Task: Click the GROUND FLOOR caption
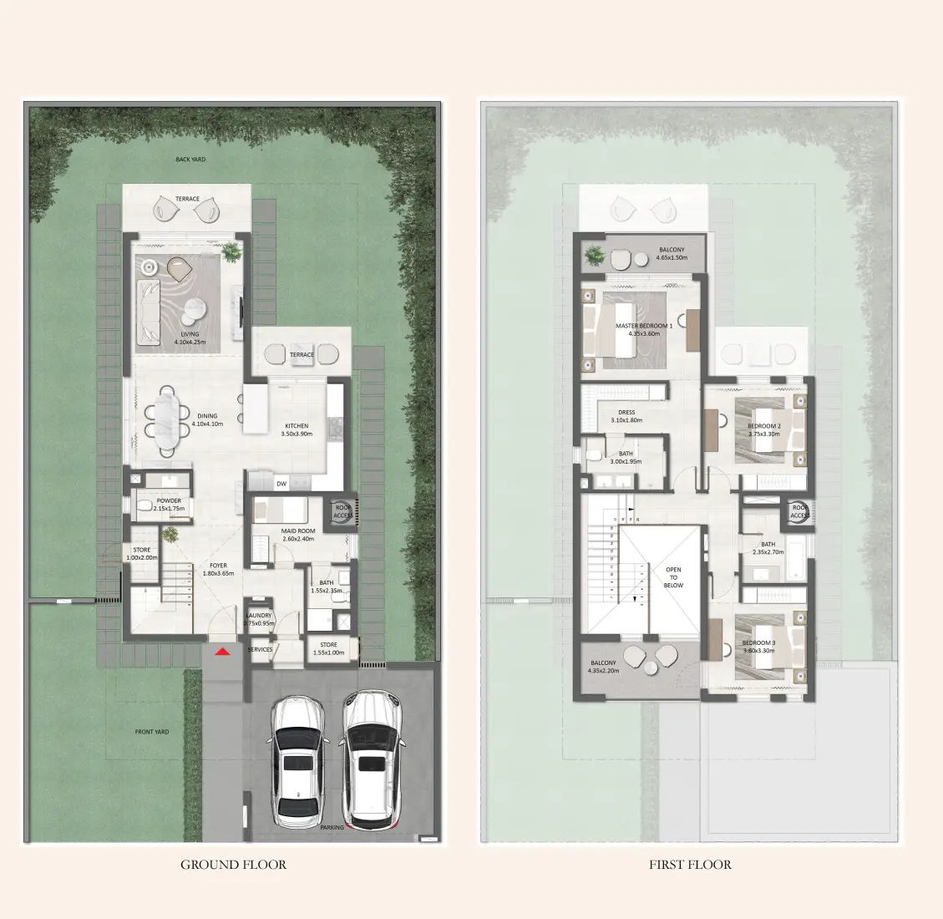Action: point(233,865)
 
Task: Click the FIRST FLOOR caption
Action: point(690,865)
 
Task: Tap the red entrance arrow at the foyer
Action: point(222,652)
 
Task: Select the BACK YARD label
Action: point(190,160)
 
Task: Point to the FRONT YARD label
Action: point(152,732)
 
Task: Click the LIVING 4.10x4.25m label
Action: point(190,338)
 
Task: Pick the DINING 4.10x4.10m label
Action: point(207,419)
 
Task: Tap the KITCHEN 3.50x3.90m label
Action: point(297,429)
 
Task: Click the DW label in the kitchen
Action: point(281,484)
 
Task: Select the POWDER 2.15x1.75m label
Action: point(169,505)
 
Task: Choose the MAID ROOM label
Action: point(298,535)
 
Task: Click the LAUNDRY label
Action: point(259,619)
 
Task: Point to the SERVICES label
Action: point(260,649)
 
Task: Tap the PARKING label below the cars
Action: point(332,828)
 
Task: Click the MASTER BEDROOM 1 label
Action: point(644,329)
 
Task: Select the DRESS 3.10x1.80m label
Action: point(626,416)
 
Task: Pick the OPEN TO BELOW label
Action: point(673,577)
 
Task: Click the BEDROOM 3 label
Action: point(758,647)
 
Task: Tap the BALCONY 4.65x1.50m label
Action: point(672,253)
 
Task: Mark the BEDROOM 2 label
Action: point(764,429)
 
